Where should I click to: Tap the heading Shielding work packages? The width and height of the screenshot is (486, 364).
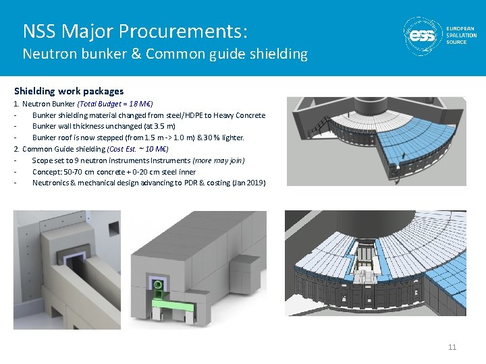click(x=69, y=90)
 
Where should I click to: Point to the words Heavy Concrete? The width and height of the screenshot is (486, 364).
click(x=241, y=115)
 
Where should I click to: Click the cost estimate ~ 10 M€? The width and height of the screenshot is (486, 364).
click(x=155, y=149)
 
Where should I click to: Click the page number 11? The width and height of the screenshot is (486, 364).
click(x=452, y=347)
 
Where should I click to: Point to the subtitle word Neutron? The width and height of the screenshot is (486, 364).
click(x=46, y=54)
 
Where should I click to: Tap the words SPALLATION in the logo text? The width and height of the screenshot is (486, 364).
click(x=462, y=35)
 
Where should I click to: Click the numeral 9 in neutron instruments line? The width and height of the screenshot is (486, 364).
click(x=74, y=160)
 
